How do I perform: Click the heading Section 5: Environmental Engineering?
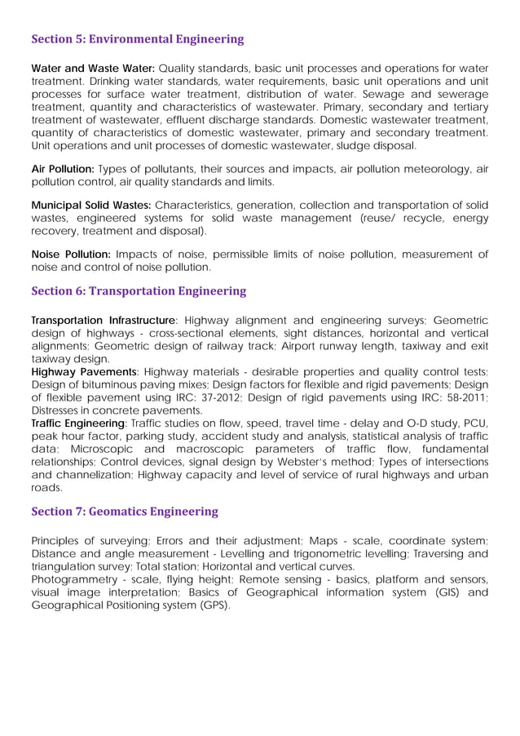(x=137, y=39)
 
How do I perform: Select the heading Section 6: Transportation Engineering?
(x=139, y=290)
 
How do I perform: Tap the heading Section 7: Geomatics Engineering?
(x=125, y=512)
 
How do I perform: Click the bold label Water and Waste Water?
(x=93, y=67)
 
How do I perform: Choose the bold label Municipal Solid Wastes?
(x=90, y=205)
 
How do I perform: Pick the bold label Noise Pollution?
(x=71, y=254)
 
